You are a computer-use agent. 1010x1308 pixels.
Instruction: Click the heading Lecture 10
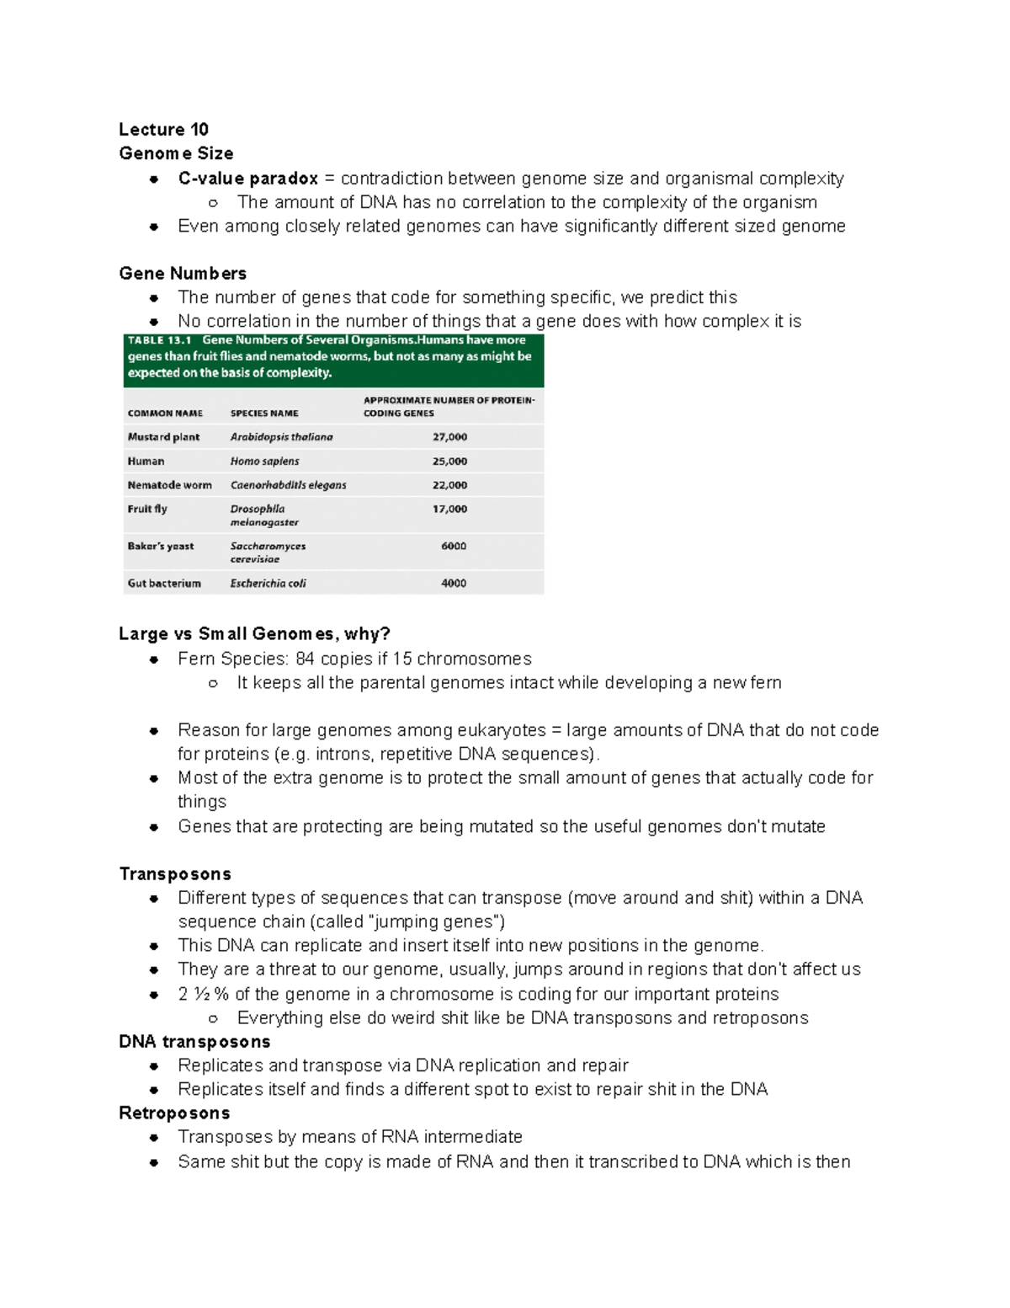coord(163,130)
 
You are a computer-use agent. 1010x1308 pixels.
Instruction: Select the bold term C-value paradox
coord(247,179)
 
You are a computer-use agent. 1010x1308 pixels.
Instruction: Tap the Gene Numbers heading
coord(183,274)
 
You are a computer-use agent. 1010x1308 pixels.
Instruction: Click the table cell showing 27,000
coord(449,437)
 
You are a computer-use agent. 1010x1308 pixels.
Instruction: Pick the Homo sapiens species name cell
coord(264,462)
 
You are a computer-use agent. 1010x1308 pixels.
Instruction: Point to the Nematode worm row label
coord(169,485)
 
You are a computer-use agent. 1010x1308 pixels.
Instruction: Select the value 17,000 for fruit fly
coord(449,510)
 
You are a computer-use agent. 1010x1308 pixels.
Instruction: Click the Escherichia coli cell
coord(268,583)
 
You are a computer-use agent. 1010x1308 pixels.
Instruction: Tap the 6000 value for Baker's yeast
coord(453,547)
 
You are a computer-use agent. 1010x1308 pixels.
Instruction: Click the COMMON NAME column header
coord(165,414)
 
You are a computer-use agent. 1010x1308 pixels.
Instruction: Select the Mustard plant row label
coord(163,437)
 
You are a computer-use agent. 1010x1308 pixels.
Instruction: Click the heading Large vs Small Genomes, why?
coord(254,634)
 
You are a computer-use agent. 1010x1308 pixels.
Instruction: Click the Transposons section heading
coord(175,874)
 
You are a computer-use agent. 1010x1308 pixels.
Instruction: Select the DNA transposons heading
coord(194,1042)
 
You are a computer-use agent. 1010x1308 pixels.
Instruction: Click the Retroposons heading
coord(174,1113)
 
